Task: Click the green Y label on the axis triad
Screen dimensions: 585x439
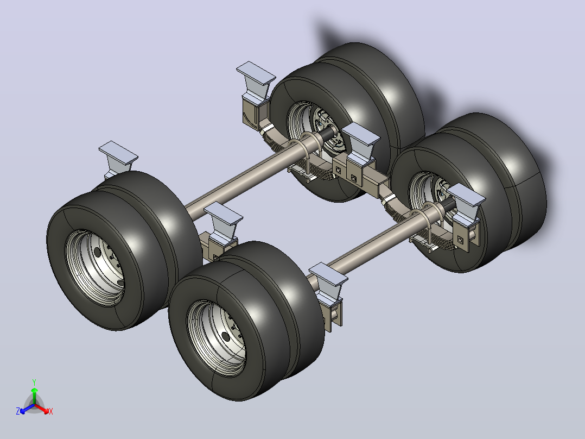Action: tap(34, 382)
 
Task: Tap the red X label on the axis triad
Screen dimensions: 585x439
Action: tap(51, 411)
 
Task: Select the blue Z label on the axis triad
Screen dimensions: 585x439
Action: tap(18, 411)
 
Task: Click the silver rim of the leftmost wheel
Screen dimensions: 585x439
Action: tap(94, 267)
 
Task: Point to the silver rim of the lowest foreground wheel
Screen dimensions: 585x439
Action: tap(217, 338)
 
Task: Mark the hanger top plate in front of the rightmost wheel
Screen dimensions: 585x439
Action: tap(466, 195)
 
